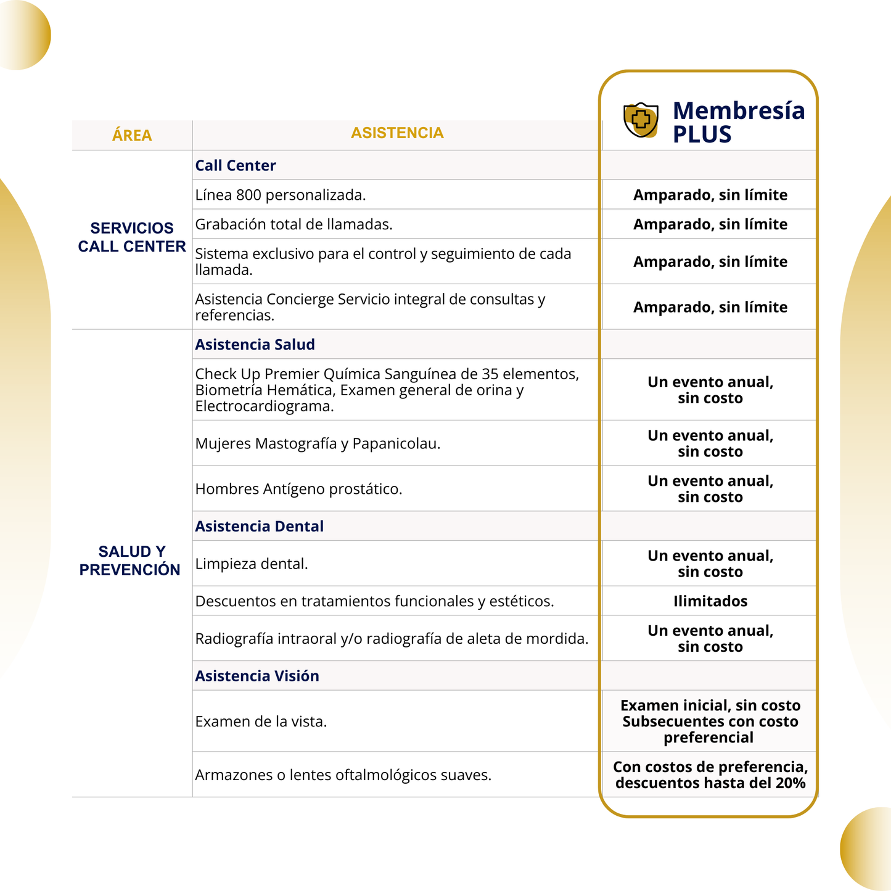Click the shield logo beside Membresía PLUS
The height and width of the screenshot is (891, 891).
pos(641,120)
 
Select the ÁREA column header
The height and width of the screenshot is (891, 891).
pos(132,136)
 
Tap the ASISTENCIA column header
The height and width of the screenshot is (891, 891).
pos(397,133)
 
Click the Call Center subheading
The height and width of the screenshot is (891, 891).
pos(236,165)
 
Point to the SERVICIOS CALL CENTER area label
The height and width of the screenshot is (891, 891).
pos(132,237)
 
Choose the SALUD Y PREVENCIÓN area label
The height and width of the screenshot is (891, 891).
pos(130,560)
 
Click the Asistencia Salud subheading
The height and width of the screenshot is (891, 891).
pos(255,345)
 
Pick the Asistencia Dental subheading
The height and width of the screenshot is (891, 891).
pos(259,527)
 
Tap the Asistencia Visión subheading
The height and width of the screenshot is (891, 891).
pos(257,676)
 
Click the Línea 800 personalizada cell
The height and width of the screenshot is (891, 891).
pos(281,195)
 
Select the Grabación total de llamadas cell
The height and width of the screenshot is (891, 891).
pos(294,224)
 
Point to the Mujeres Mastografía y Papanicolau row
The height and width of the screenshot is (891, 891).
pos(318,444)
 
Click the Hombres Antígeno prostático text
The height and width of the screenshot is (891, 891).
pos(298,490)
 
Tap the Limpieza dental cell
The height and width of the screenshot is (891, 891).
pos(252,564)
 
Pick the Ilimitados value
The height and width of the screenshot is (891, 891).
pos(710,602)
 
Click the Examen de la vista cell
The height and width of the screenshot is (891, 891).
pos(261,721)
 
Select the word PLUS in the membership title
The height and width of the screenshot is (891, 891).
pos(702,134)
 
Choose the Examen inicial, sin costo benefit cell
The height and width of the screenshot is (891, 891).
pos(710,706)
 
